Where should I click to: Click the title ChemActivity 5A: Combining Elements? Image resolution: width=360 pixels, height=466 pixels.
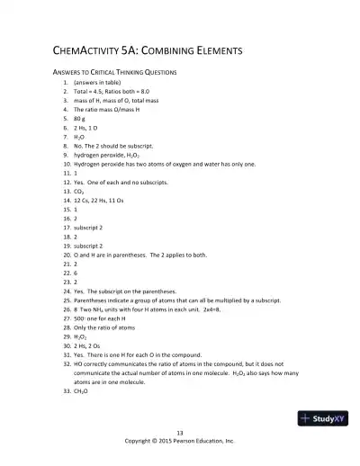coord(150,50)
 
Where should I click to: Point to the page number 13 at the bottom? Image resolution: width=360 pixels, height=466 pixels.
coord(180,434)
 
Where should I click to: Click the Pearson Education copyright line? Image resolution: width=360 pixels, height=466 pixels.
coord(180,442)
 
